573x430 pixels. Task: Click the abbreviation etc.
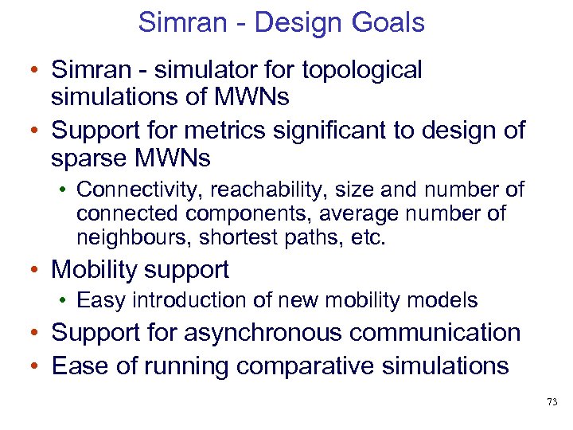(368, 237)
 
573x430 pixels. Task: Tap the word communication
(444, 332)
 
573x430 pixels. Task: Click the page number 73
(552, 403)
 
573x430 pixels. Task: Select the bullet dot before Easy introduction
(64, 301)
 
